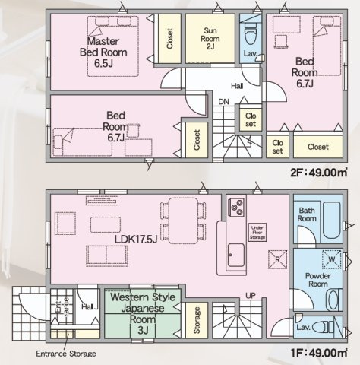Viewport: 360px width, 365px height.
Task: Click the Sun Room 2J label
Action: tap(210, 39)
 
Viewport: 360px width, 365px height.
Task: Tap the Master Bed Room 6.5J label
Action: tap(103, 52)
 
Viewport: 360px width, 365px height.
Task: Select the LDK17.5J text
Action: tap(136, 239)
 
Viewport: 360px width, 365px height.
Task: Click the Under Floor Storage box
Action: tap(257, 232)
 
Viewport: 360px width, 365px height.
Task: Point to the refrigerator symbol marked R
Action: tap(278, 259)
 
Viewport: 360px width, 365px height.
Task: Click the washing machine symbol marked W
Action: tap(331, 259)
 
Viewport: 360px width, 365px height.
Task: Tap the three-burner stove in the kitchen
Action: tap(237, 208)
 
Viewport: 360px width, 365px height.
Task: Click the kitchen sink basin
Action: tap(236, 255)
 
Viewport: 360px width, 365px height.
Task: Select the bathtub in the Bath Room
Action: tap(332, 220)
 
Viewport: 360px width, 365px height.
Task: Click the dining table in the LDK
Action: tap(183, 221)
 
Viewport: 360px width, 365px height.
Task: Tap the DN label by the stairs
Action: tap(223, 102)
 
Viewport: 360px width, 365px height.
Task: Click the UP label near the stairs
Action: tap(251, 296)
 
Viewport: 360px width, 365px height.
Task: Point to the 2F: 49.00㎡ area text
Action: tap(318, 173)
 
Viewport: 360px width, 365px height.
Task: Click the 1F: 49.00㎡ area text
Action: tap(318, 353)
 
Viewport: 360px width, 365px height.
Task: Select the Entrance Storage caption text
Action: tap(66, 354)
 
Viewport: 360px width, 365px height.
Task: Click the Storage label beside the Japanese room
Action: tap(197, 320)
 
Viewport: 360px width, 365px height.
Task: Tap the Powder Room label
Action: tap(318, 280)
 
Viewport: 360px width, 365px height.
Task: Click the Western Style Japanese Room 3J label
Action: tap(143, 313)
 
